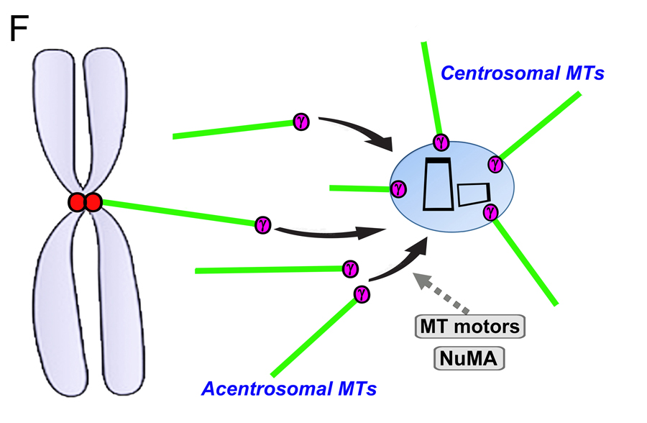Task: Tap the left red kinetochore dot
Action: (78, 204)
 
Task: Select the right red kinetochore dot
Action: (93, 204)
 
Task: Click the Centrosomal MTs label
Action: (523, 73)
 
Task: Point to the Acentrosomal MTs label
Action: (290, 389)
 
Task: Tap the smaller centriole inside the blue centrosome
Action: (474, 194)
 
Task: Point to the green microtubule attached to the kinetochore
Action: (180, 213)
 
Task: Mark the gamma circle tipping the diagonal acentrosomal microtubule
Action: (362, 293)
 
